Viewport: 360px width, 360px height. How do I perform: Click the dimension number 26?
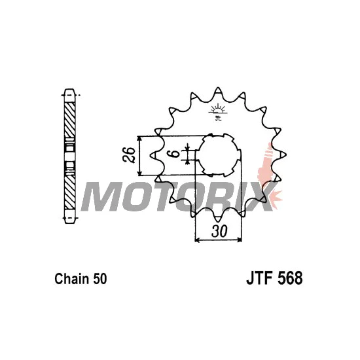(x=129, y=155)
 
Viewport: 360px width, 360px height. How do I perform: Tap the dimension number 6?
(x=175, y=154)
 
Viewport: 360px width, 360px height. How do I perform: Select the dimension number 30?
(x=219, y=231)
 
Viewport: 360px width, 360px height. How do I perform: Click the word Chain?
(x=71, y=279)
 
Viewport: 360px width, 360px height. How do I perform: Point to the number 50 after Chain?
(x=100, y=279)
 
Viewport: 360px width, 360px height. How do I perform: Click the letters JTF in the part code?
(x=260, y=278)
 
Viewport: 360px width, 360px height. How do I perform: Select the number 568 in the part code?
(x=290, y=278)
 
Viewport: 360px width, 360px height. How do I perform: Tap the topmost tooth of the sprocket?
(x=218, y=90)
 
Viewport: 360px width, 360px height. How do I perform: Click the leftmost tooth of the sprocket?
(x=153, y=155)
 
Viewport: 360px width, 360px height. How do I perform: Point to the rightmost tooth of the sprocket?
(x=282, y=154)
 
